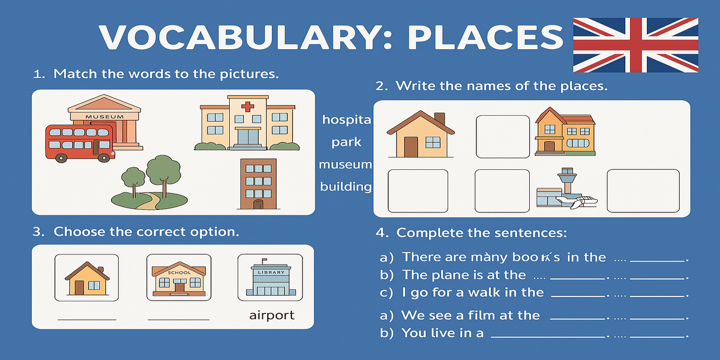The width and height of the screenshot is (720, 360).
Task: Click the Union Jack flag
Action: [x=635, y=45]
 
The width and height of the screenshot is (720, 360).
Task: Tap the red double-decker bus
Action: [x=80, y=143]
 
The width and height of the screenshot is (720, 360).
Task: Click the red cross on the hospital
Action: [x=247, y=107]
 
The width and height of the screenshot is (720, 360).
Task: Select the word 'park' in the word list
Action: [x=346, y=142]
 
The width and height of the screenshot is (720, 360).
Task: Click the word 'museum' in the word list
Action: [x=345, y=164]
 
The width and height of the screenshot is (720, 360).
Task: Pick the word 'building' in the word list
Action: [x=346, y=187]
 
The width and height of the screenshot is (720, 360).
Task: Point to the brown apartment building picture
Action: [x=259, y=184]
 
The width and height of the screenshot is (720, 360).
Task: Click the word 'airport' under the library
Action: [x=272, y=316]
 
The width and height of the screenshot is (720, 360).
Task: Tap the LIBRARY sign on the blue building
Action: [x=271, y=272]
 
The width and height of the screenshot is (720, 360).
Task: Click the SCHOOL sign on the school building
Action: [x=179, y=272]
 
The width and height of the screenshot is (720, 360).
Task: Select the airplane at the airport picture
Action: [x=578, y=202]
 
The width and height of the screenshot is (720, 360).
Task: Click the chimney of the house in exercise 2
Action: [x=439, y=118]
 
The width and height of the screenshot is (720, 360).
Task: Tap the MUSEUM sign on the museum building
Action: [x=104, y=116]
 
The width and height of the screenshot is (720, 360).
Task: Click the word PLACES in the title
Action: [x=485, y=37]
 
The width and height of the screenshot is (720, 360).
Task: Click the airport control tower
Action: [x=567, y=180]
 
